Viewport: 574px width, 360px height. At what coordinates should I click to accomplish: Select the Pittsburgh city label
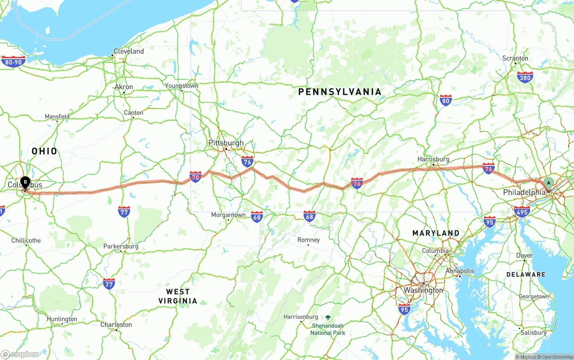point(226,143)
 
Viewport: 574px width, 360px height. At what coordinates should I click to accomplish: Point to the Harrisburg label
point(433,159)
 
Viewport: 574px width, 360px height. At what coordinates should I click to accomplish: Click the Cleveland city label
point(129,51)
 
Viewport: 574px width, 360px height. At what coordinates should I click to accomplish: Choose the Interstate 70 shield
point(195,177)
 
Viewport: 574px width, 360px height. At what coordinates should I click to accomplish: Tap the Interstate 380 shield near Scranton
point(525,77)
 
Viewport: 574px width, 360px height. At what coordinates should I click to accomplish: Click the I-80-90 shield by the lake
point(13,61)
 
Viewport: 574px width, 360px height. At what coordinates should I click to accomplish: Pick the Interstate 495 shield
point(522,212)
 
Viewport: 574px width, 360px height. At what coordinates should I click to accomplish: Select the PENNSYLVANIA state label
point(340,92)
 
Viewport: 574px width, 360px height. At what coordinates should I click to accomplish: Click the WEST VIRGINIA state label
point(178,296)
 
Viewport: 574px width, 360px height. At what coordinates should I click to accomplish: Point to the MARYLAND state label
point(436,233)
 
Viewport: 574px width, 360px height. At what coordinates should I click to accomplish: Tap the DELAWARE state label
point(526,274)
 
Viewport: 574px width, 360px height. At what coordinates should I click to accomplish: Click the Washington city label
point(423,290)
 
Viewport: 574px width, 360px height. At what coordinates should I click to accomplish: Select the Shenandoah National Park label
point(328,329)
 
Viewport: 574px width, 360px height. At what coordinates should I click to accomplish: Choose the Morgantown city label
point(228,215)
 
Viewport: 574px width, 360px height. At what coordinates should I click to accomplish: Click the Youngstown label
point(182,86)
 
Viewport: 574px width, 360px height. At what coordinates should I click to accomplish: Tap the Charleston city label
point(116,325)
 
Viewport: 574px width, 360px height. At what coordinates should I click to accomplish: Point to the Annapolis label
point(460,271)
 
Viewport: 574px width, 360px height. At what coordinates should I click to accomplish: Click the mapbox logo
point(20,354)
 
